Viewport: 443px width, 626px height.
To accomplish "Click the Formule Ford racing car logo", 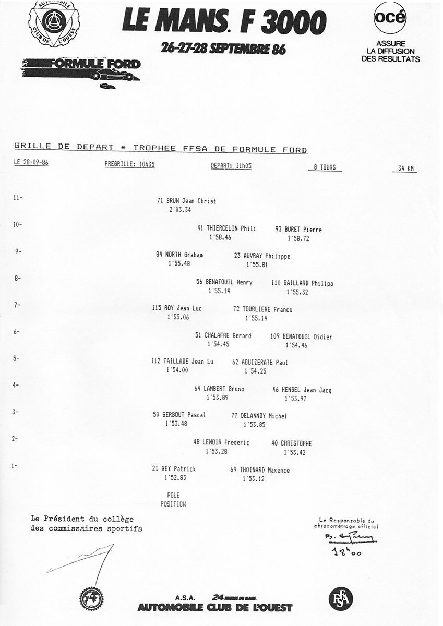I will click(82, 69).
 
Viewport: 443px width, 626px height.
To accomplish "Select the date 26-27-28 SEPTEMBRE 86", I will click(224, 49).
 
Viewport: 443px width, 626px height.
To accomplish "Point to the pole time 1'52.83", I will click(175, 477).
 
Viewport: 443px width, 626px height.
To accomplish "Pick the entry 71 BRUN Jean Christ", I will click(186, 201).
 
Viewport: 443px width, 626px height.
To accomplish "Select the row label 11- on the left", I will click(18, 198).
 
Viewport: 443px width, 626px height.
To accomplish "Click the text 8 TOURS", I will click(321, 168).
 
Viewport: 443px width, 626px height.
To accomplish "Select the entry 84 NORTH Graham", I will click(179, 255).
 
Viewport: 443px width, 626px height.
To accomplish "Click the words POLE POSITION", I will click(173, 500).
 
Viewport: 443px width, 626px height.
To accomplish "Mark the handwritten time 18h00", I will click(346, 551).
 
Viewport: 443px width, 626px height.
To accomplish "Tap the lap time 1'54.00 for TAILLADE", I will click(176, 370).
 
